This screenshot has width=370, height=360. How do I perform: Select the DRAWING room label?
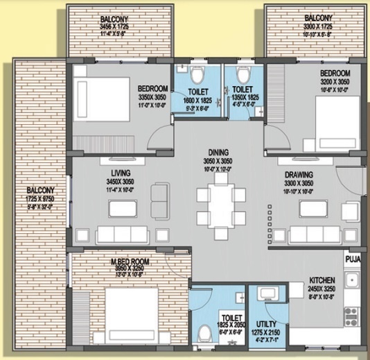point(299,174)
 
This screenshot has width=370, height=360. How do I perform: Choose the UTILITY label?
point(266,324)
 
